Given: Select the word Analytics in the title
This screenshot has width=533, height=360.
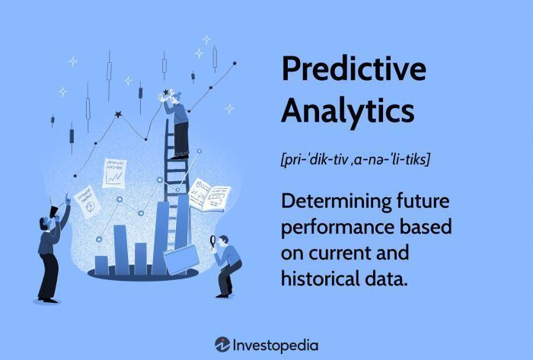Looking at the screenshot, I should pos(347,112).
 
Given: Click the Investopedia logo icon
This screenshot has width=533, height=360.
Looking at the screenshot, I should pos(222,344).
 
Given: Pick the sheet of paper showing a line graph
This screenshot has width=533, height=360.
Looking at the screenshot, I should pos(115,174).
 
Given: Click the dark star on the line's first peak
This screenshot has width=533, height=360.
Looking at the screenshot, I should pos(117,114).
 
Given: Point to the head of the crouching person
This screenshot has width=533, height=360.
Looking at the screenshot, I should pos(223,241).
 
